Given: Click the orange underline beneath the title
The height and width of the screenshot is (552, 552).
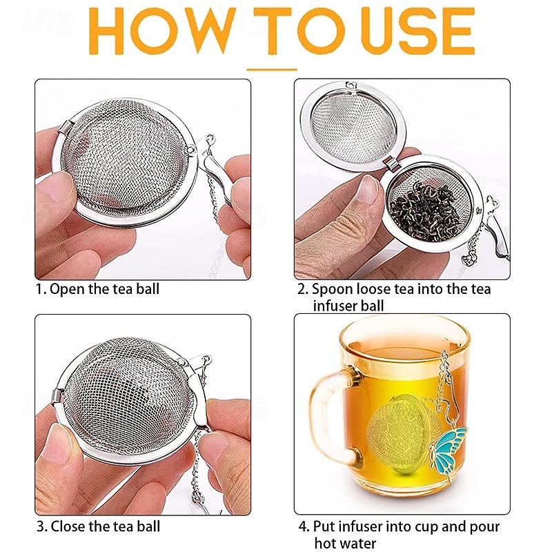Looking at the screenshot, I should [x=272, y=69].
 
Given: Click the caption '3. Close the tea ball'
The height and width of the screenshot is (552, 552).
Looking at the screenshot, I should [x=98, y=526].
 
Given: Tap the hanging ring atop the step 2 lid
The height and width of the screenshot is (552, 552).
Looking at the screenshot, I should [x=353, y=86].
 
